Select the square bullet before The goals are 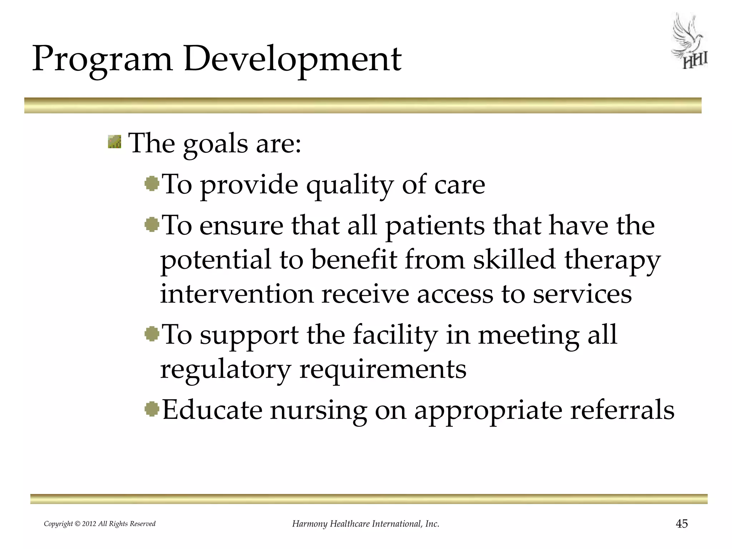tap(115, 142)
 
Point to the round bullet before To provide tap(152, 184)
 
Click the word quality tap(350, 186)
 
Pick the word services tap(583, 294)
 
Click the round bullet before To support tap(152, 334)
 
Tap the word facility tap(395, 336)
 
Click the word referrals tap(622, 410)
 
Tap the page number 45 tap(682, 524)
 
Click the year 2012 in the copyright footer tap(89, 524)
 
